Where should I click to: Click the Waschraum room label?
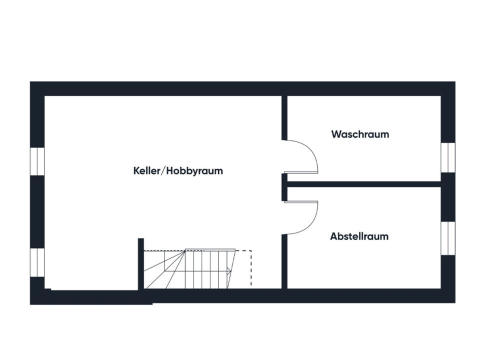[x=360, y=134]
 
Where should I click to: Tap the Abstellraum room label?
[x=359, y=236]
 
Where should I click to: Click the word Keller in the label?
[x=144, y=170]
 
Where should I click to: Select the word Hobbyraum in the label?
[x=194, y=171]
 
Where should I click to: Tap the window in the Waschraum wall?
[x=447, y=157]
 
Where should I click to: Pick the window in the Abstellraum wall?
[x=447, y=238]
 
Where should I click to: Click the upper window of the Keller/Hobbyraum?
[x=37, y=161]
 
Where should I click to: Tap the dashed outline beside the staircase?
[x=250, y=267]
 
